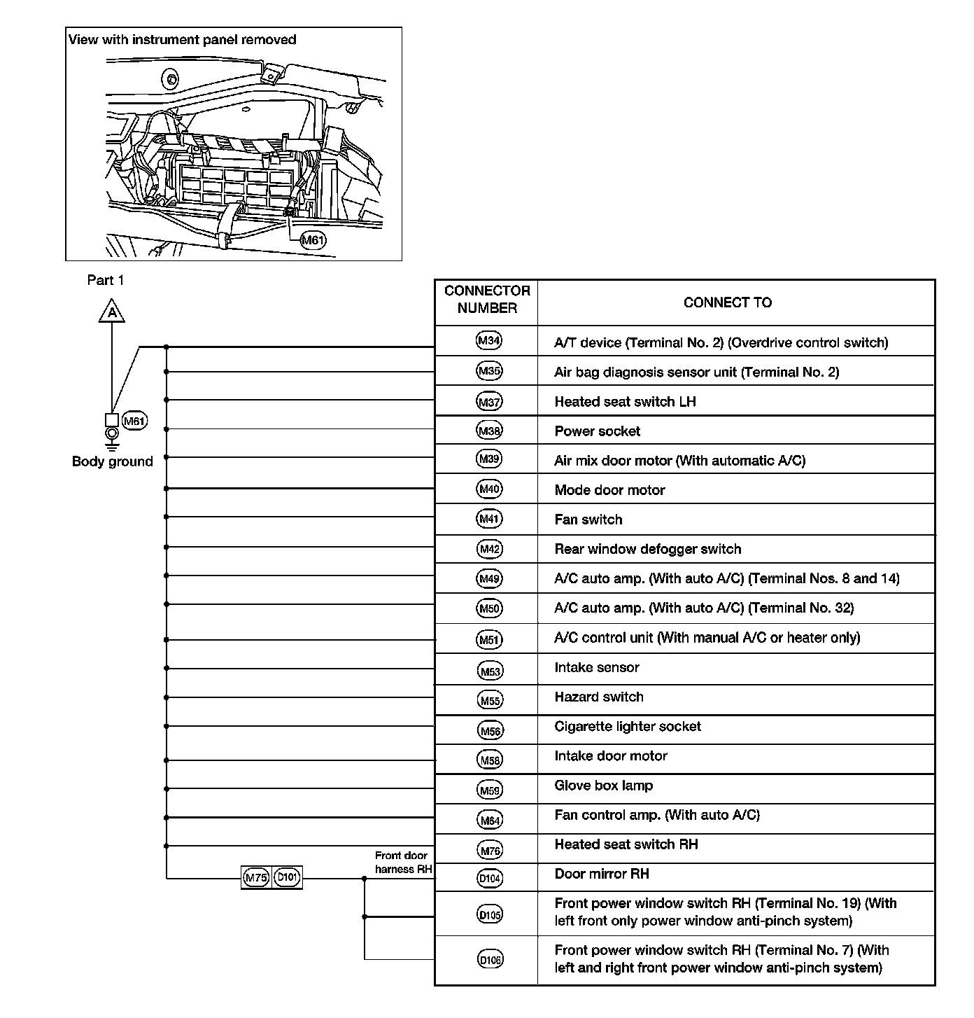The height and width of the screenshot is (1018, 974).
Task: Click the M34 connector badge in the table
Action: [x=488, y=341]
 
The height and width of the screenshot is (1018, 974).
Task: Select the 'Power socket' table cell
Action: [x=597, y=431]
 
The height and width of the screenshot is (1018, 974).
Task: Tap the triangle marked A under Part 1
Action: [x=111, y=312]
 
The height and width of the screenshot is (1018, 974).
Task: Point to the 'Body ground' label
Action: [x=112, y=461]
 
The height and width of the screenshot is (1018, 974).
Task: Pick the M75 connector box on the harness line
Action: [x=256, y=877]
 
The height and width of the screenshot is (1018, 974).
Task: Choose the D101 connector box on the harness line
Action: [x=288, y=877]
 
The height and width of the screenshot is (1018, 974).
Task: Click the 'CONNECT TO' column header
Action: [x=727, y=302]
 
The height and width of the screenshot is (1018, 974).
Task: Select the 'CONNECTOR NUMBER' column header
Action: [x=487, y=300]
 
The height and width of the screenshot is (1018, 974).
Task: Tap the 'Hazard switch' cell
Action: [x=598, y=697]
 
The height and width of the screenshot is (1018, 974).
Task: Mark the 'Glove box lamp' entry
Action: [x=603, y=786]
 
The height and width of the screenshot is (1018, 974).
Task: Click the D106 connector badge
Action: [x=490, y=960]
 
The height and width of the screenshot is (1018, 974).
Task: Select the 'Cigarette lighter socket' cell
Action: [x=627, y=726]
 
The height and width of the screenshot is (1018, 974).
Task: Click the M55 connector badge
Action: [x=490, y=699]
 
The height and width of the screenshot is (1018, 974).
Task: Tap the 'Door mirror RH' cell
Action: [x=601, y=874]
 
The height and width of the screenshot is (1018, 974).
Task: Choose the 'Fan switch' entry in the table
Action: [x=588, y=520]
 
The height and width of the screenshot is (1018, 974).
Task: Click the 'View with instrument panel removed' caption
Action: [x=182, y=40]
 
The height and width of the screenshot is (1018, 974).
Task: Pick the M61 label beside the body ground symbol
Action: [x=134, y=421]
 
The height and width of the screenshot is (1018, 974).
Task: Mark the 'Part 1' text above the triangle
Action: [x=105, y=280]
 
